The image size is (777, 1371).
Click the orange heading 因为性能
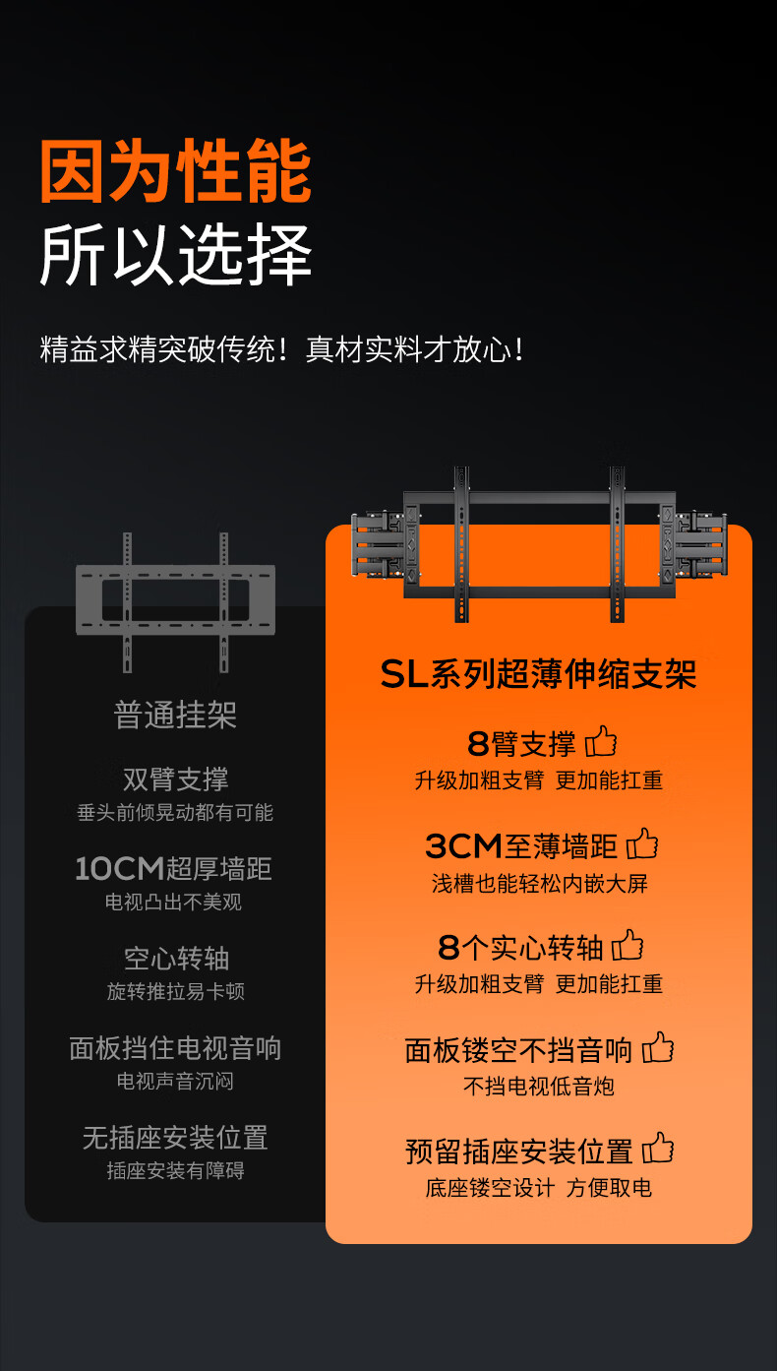tap(175, 172)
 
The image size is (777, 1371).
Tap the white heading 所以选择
tap(175, 255)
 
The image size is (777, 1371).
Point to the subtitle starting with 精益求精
tap(282, 349)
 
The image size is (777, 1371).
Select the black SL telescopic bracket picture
tap(539, 543)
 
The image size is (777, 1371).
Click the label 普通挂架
tap(175, 716)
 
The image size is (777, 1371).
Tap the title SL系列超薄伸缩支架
tap(539, 675)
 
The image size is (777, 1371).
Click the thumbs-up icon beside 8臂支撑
tap(601, 742)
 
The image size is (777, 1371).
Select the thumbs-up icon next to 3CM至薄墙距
tap(642, 843)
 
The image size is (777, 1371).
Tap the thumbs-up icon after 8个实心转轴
tap(628, 946)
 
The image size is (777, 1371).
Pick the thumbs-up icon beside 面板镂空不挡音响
tap(658, 1048)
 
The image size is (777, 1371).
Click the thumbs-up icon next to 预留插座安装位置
tap(658, 1149)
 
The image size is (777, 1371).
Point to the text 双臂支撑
tap(175, 779)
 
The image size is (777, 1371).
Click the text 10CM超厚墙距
tap(173, 869)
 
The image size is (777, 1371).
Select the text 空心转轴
tap(175, 959)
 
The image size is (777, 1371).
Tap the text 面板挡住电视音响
tap(175, 1048)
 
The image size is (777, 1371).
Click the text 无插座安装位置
tap(175, 1139)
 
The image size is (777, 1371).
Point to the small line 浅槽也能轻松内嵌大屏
tap(539, 884)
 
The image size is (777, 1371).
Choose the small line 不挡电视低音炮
tap(539, 1087)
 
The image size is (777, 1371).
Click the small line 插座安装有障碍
tap(175, 1171)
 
